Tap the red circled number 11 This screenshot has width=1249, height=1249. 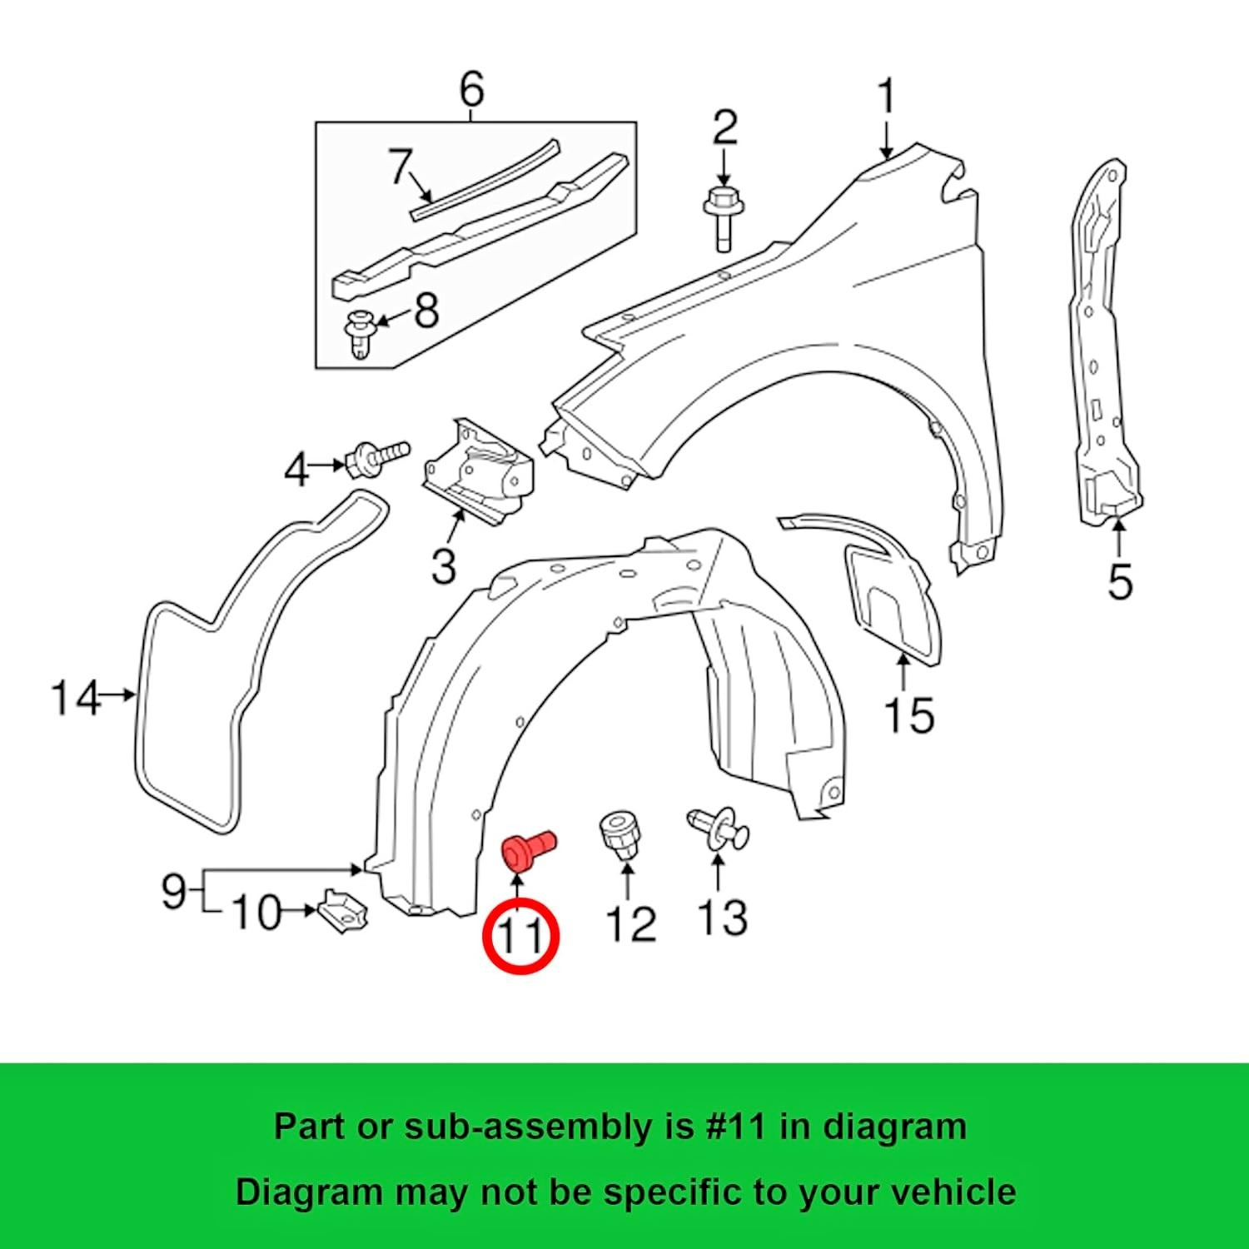pos(521,936)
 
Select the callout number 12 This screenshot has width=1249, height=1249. pos(630,923)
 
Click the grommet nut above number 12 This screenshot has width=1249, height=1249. pos(618,834)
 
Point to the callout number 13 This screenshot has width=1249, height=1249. pos(722,917)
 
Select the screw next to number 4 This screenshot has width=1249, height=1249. pos(378,457)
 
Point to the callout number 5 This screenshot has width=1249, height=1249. pos(1120,580)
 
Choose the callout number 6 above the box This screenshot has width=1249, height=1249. pos(471,89)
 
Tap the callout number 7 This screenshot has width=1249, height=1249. pos(401,167)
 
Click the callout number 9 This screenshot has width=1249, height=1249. pos(173,892)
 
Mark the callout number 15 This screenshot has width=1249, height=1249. pos(908,714)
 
